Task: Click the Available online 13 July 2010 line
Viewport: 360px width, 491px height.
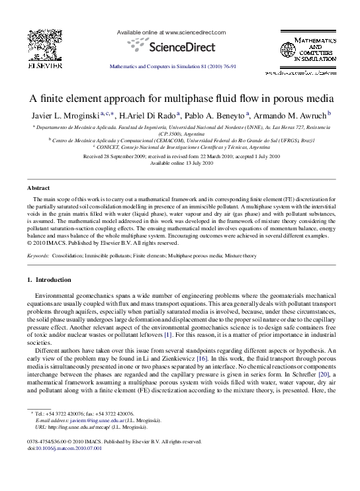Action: [180, 163]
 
